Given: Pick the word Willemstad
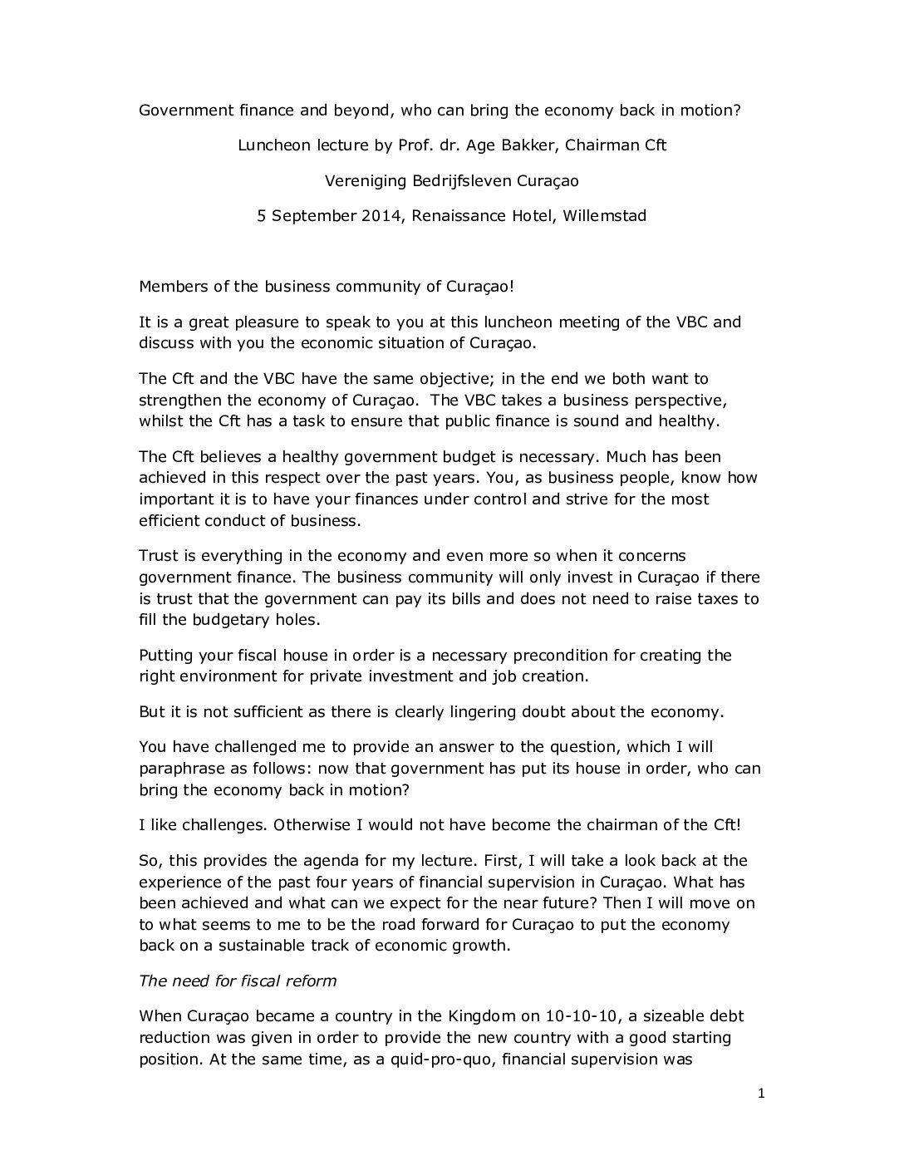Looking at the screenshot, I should pos(604,216).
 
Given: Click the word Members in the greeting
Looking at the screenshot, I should pos(169,287).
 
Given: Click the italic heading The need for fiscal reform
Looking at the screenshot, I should pos(238,981).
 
